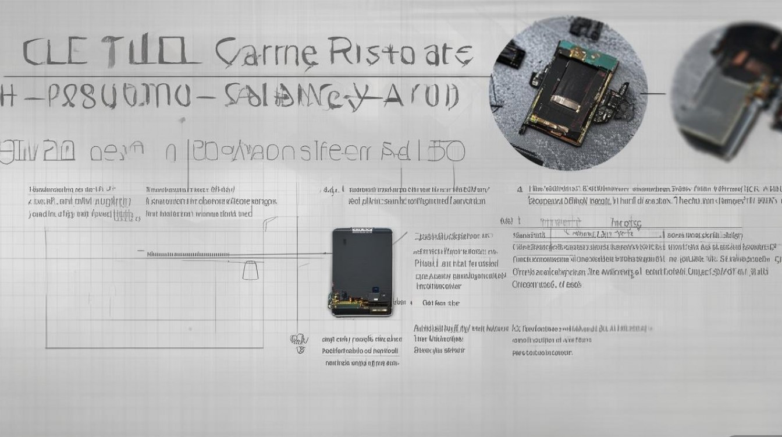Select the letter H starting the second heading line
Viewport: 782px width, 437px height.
[x=7, y=96]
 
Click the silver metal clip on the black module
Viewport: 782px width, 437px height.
[x=565, y=104]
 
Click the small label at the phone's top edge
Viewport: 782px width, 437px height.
[x=362, y=231]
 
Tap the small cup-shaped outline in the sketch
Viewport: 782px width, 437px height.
[x=250, y=270]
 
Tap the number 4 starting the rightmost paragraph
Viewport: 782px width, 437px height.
[x=519, y=189]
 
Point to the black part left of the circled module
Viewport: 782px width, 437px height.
[x=512, y=55]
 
